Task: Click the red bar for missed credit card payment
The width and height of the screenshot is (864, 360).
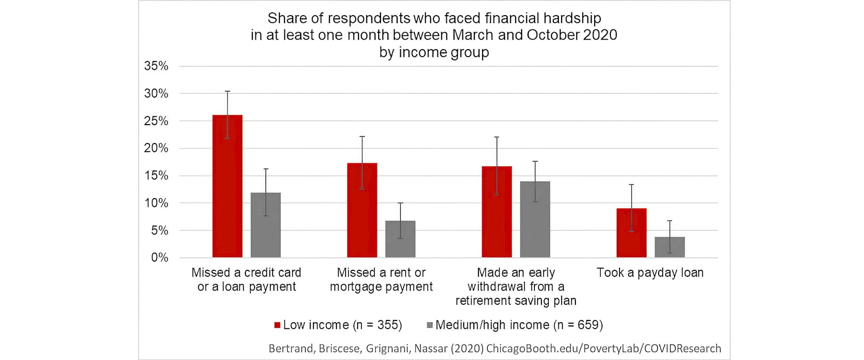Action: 227,186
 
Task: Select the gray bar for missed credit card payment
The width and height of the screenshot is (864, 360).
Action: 266,225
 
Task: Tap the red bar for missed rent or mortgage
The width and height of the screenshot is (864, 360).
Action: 362,210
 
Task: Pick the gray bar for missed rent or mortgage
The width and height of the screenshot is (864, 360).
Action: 400,239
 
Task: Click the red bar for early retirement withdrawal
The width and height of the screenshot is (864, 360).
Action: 497,212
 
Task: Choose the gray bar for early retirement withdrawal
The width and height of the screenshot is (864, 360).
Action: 535,219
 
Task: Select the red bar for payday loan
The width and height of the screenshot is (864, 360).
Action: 631,233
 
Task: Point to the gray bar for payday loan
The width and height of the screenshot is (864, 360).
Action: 670,247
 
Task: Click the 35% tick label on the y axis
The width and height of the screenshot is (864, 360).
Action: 156,66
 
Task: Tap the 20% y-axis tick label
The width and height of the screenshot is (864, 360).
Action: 156,148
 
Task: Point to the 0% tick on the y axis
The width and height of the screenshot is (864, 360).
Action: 159,257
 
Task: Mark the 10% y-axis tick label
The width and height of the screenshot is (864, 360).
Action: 156,203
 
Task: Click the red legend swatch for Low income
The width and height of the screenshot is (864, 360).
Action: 277,325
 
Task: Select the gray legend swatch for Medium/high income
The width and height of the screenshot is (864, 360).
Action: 430,325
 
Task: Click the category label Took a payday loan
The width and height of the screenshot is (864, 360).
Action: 650,273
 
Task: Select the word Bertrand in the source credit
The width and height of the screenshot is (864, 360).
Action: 290,349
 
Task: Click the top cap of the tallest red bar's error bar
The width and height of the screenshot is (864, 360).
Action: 227,91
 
